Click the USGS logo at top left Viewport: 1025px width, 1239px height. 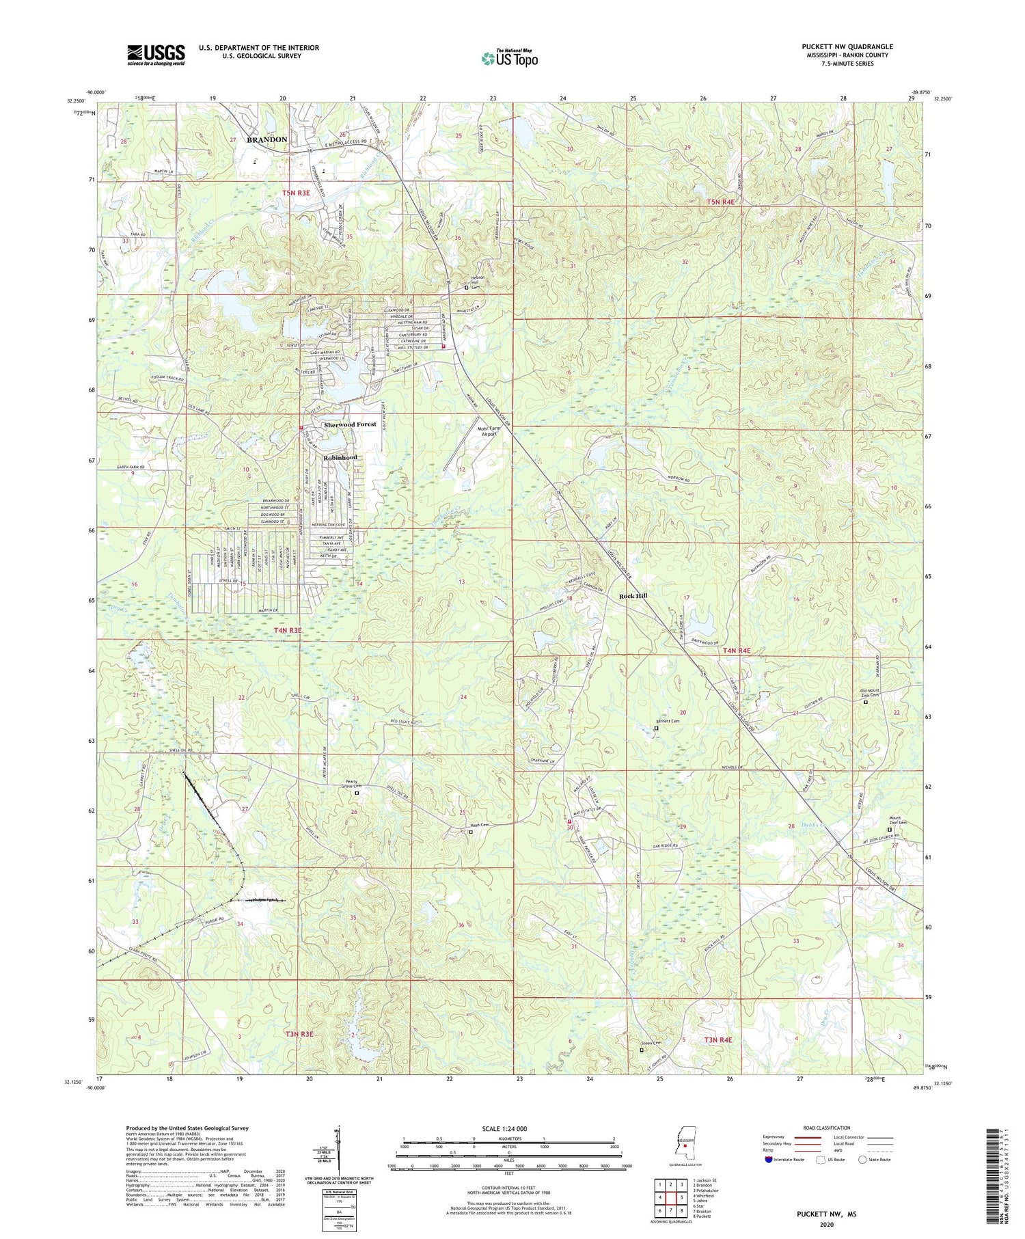(156, 55)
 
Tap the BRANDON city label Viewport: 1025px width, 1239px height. (266, 139)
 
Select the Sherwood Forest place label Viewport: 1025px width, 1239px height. (350, 424)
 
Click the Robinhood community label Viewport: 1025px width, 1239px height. (340, 457)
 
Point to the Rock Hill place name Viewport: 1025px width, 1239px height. (633, 595)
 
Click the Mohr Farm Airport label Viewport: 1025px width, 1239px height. (489, 431)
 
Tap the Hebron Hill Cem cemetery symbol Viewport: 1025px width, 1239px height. (467, 288)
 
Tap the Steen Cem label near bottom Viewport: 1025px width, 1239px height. (650, 1043)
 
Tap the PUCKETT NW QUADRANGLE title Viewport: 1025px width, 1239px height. (847, 47)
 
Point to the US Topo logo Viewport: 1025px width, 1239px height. (508, 58)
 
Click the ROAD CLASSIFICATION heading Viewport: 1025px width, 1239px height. (827, 1128)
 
